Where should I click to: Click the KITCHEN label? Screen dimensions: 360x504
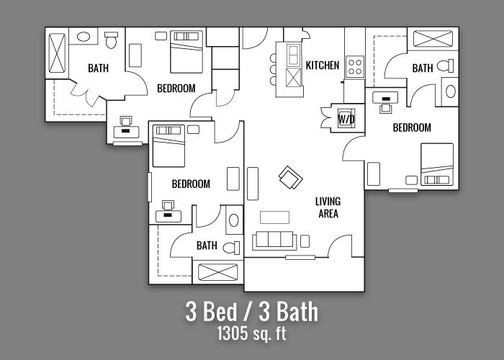pyautogui.click(x=322, y=66)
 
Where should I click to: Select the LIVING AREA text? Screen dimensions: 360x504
pyautogui.click(x=328, y=207)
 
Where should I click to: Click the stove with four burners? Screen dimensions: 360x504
pyautogui.click(x=355, y=67)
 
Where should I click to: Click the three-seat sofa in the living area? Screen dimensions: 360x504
pyautogui.click(x=274, y=240)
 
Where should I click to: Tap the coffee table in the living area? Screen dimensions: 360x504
pyautogui.click(x=274, y=216)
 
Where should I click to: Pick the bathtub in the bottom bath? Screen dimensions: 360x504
pyautogui.click(x=218, y=273)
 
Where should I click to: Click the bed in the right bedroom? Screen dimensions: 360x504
pyautogui.click(x=436, y=163)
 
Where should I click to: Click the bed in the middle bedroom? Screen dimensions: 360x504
pyautogui.click(x=168, y=145)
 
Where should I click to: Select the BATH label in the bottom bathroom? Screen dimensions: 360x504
pyautogui.click(x=207, y=246)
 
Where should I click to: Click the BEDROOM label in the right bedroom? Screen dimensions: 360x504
pyautogui.click(x=412, y=128)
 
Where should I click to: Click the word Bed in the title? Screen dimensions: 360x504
pyautogui.click(x=220, y=312)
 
